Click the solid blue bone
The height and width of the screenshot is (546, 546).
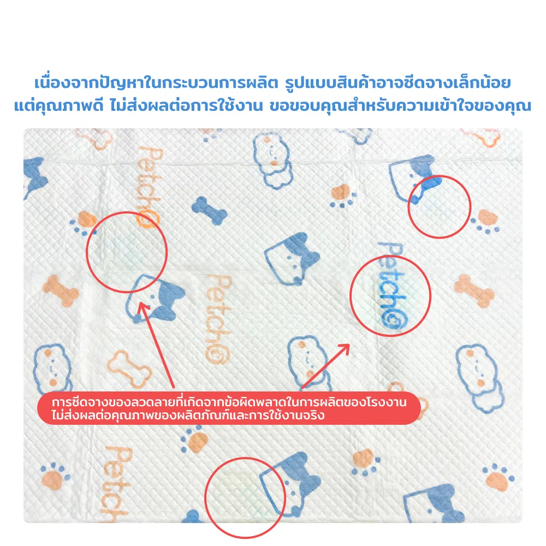209,210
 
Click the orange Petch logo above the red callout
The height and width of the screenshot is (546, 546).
219,319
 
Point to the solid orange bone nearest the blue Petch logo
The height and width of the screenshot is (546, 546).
474,290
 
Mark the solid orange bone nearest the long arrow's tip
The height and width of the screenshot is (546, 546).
61,290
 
